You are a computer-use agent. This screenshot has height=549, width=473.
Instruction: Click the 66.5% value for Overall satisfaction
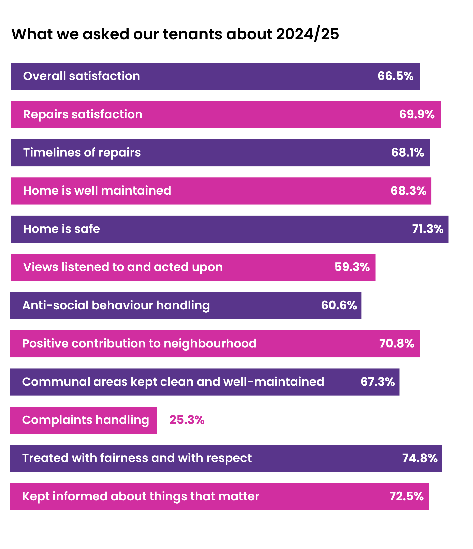coord(395,76)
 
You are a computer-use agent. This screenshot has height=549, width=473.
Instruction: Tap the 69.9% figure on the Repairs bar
coord(417,115)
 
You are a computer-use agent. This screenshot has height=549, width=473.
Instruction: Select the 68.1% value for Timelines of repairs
coord(407,153)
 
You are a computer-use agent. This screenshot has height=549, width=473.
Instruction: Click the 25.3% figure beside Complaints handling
coord(187,420)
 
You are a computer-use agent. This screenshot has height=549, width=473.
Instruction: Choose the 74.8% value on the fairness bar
coord(420,458)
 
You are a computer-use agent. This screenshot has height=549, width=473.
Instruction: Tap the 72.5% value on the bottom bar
coord(406,496)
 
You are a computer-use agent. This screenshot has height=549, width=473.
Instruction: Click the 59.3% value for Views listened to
coord(352,267)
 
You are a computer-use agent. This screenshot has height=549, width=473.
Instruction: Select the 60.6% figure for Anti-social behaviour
coord(339,305)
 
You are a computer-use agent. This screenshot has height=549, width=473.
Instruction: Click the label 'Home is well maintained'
coord(97,191)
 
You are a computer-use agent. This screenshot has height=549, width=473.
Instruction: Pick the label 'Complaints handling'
coord(85,420)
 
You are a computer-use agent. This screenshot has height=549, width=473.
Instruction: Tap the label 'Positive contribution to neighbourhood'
coord(139,344)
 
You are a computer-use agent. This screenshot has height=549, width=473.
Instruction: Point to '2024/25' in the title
coord(307,34)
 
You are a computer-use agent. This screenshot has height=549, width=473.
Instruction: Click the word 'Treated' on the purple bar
coord(45,458)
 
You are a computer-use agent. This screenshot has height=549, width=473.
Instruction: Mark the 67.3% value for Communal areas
coord(378,382)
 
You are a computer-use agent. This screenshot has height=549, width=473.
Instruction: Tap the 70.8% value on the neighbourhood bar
coord(397,344)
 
